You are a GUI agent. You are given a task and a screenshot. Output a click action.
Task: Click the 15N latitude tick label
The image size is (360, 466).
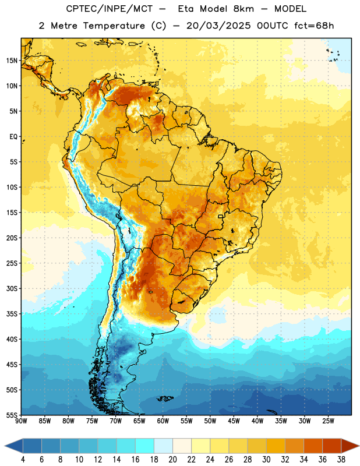[x=12, y=61]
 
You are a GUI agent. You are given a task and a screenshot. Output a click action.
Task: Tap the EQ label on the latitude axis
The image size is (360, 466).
[x=13, y=137]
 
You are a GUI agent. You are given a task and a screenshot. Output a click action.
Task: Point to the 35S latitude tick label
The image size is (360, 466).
[x=12, y=314]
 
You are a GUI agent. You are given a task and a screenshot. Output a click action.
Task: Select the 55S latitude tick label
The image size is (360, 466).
[x=12, y=415]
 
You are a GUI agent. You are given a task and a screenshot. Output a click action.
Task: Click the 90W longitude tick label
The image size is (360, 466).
[x=22, y=421]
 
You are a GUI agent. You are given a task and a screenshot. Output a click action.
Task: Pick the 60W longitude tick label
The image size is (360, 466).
[x=163, y=421]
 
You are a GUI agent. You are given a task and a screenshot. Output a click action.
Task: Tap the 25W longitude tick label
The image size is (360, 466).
[x=328, y=421]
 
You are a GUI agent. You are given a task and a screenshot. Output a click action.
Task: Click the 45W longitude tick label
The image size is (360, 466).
[x=234, y=421]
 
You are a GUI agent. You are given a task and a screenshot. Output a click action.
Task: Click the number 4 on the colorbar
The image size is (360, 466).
[x=23, y=460]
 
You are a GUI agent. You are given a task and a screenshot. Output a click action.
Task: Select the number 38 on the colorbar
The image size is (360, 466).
[x=341, y=460]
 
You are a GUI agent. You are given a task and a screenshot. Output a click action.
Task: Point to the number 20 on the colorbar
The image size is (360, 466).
[x=172, y=460]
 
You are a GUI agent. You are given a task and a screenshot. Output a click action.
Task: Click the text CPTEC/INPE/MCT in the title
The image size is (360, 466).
[x=109, y=9]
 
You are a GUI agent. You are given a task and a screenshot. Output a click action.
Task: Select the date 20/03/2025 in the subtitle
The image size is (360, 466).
[x=218, y=26]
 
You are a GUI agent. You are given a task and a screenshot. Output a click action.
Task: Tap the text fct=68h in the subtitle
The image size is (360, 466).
[x=314, y=26]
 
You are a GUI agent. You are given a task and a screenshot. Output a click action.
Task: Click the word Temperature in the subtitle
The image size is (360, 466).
[x=114, y=26]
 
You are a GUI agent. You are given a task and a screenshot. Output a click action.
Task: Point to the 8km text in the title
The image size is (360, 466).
[x=243, y=9]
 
